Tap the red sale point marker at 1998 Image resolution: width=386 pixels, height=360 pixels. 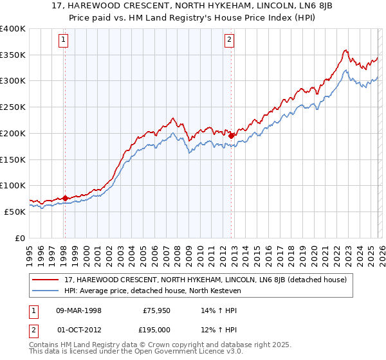(65, 198)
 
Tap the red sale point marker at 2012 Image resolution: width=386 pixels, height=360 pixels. (231, 136)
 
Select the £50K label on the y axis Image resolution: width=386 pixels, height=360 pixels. (15, 212)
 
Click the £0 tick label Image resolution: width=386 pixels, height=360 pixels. (21, 238)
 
